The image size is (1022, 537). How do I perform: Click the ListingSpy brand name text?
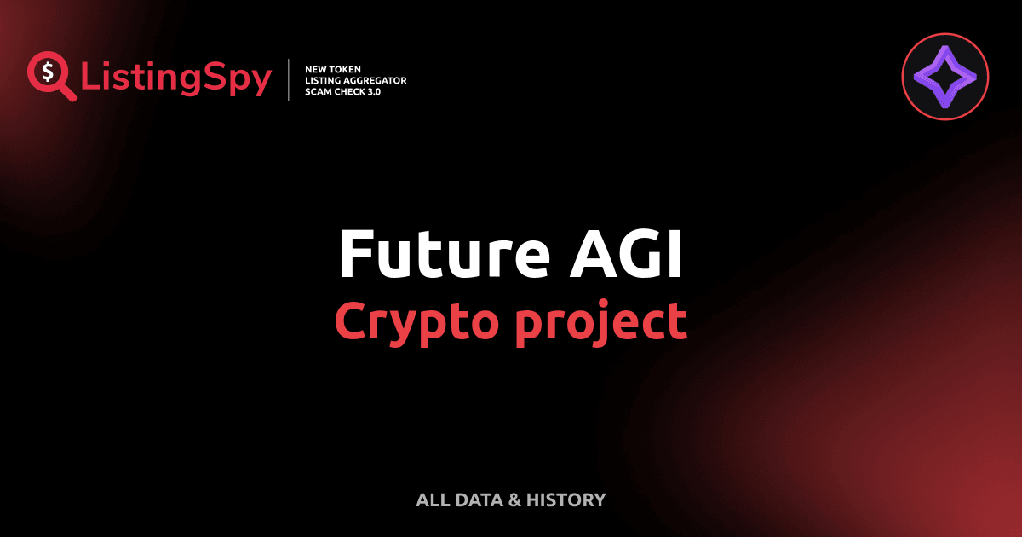[176, 78]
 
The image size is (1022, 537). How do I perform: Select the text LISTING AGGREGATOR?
[355, 80]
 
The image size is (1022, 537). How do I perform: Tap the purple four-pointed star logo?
[944, 80]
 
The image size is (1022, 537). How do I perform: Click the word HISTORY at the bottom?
[566, 500]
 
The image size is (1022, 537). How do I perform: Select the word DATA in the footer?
[478, 500]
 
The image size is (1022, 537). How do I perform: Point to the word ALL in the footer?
[432, 500]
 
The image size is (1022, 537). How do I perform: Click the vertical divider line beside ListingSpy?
[290, 80]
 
